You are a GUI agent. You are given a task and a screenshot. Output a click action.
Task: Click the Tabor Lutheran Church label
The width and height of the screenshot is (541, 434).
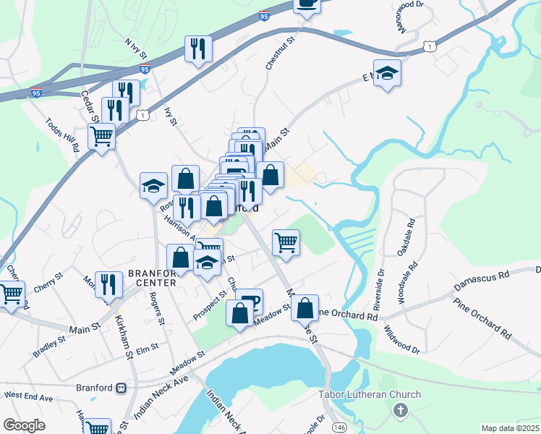click(370, 394)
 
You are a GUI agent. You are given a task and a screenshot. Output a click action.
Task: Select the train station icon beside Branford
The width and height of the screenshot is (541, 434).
click(122, 388)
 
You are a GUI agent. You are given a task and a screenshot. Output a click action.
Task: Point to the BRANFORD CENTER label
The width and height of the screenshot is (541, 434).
click(152, 277)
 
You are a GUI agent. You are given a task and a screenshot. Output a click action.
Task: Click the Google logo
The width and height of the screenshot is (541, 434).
click(24, 425)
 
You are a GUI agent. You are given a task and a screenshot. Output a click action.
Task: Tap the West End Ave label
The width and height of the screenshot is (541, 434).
click(28, 397)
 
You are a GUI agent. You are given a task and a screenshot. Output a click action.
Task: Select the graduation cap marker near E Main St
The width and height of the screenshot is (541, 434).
click(387, 73)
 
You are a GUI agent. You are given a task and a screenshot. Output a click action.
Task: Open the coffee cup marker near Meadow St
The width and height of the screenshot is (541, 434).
click(250, 301)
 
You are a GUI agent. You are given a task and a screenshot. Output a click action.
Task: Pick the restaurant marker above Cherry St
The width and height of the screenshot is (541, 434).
click(108, 284)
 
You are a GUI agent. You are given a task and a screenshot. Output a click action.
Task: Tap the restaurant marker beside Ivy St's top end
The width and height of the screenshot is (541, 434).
click(197, 49)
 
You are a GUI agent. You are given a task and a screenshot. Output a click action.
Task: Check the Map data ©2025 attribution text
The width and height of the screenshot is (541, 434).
click(510, 428)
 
